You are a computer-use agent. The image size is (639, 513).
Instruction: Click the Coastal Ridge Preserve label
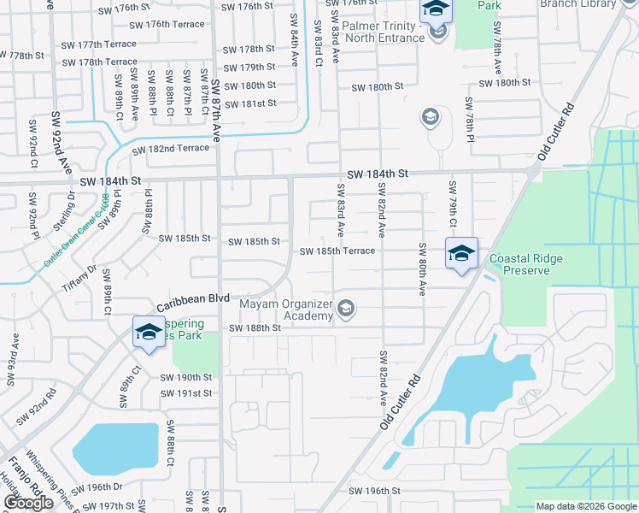pyautogui.click(x=531, y=266)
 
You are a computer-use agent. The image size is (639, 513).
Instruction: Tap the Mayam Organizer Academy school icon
pyautogui.click(x=346, y=309)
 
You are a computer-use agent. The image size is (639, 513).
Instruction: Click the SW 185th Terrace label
pyautogui.click(x=337, y=251)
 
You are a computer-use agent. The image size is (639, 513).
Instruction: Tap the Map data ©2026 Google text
pyautogui.click(x=585, y=506)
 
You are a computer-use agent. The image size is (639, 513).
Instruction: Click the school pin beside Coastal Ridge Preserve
pyautogui.click(x=461, y=254)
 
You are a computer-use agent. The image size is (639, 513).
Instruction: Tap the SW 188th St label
pyautogui.click(x=254, y=328)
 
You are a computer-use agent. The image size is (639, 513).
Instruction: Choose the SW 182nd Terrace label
pyautogui.click(x=170, y=149)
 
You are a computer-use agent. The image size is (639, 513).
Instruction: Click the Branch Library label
pyautogui.click(x=589, y=4)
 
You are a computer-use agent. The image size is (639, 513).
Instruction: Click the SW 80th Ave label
pyautogui.click(x=422, y=268)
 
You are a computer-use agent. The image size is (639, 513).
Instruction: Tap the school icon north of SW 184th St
pyautogui.click(x=430, y=117)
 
